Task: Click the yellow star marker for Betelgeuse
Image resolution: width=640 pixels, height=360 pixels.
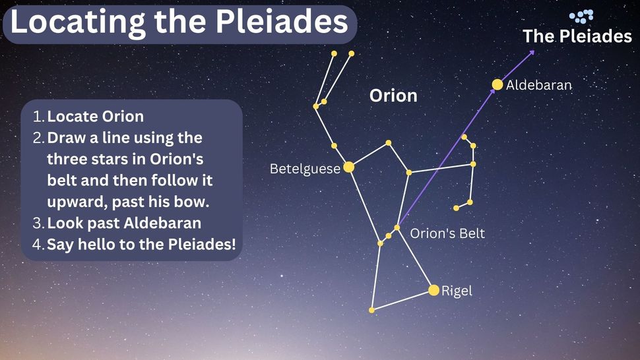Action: tap(348, 167)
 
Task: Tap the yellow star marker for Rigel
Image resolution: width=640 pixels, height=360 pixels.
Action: tap(434, 290)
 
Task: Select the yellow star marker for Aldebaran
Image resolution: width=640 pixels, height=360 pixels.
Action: tap(497, 84)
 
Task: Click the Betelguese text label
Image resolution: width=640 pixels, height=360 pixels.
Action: tap(305, 169)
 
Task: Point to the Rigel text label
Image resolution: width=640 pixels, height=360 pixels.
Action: tap(457, 291)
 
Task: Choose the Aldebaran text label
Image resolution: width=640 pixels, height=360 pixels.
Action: tap(539, 85)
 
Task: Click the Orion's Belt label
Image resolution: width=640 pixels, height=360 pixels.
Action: tap(447, 233)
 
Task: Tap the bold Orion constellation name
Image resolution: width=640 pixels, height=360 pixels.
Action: tap(393, 96)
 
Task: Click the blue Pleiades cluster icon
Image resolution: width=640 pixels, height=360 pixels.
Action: tap(581, 16)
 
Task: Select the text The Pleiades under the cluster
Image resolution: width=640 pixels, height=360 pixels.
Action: tap(577, 36)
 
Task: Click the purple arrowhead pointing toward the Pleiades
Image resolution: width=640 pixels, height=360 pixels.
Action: tap(531, 53)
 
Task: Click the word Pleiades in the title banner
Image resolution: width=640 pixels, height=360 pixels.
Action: tap(282, 21)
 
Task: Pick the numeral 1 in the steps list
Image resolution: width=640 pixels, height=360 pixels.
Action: tap(38, 117)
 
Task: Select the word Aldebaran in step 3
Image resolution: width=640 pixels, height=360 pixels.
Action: tap(162, 224)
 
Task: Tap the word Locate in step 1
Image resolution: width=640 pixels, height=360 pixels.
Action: tap(73, 117)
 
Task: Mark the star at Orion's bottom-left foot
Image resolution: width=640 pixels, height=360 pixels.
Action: tap(371, 311)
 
